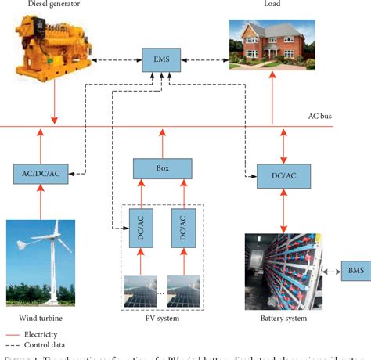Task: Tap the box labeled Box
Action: [162, 167]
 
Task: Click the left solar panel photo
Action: [140, 290]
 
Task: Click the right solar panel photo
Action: [185, 290]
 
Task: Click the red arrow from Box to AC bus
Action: [162, 142]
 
